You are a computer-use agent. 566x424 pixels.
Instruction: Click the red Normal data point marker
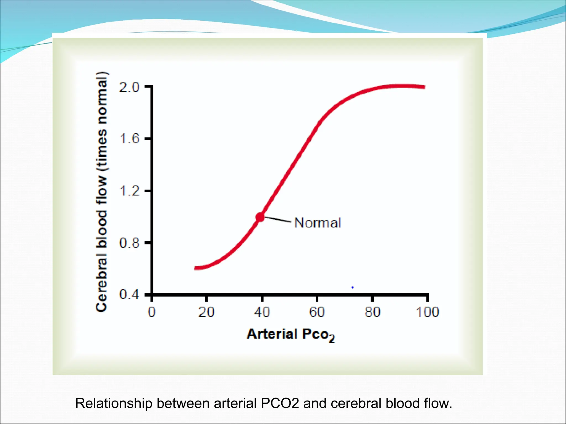[260, 217]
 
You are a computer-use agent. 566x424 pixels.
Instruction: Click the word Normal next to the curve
[318, 223]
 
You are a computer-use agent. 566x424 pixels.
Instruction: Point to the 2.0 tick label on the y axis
[129, 88]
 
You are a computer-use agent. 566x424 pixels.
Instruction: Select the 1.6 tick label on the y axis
[129, 139]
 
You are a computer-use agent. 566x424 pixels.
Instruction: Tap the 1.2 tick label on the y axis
[129, 191]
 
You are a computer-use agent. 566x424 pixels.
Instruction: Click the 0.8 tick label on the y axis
[129, 243]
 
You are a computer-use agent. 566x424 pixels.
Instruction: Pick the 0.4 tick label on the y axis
[129, 295]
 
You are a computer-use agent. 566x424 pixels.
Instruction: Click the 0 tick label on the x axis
[151, 312]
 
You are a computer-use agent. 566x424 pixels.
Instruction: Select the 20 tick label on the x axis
[206, 312]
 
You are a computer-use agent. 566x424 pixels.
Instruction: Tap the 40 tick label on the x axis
[262, 312]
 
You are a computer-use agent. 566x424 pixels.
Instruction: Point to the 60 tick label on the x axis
[317, 312]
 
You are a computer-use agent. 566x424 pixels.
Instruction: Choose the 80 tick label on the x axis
[372, 312]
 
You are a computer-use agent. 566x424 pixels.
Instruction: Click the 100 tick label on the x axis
[428, 312]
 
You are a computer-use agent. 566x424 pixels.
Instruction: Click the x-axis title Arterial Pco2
[291, 334]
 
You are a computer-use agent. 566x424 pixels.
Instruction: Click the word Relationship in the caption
[114, 404]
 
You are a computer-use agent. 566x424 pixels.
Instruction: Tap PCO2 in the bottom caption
[280, 403]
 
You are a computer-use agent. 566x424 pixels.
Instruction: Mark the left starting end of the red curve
[196, 268]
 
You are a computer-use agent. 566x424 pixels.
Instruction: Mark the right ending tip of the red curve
[424, 87]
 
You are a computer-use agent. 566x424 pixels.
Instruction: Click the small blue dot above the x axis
[352, 288]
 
